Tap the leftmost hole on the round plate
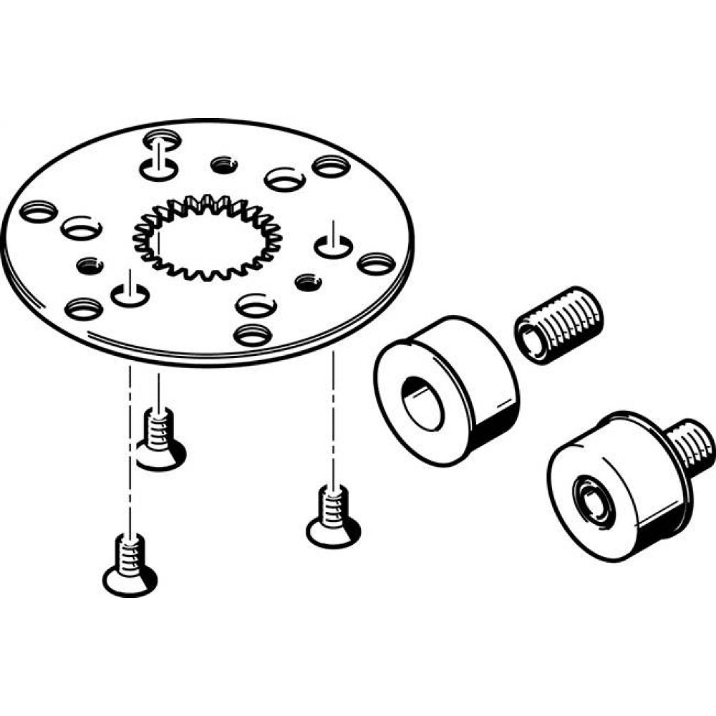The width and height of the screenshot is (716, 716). click(38, 212)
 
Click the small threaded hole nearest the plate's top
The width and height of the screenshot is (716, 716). click(224, 165)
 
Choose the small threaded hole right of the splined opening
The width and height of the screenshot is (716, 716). click(309, 281)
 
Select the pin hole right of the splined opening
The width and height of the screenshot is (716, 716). click(332, 248)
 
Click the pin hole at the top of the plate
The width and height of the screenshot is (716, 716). click(158, 169)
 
